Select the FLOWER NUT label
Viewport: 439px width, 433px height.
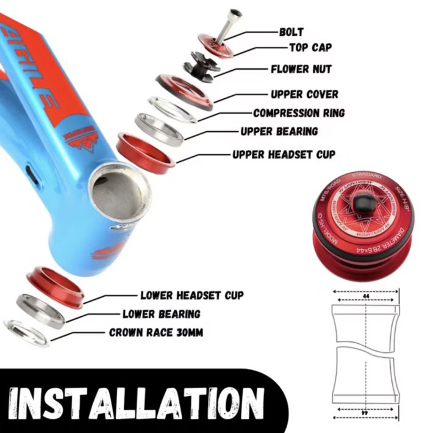(301, 70)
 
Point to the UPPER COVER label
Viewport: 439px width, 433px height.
(304, 95)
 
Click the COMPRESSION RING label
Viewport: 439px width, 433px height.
(299, 113)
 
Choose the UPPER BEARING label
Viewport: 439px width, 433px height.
(279, 131)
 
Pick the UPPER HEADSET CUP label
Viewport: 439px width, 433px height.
(284, 154)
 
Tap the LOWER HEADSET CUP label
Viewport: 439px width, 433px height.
(192, 296)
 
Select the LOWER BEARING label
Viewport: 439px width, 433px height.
(162, 314)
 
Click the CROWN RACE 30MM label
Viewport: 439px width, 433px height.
(156, 333)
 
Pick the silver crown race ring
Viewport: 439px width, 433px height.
(26, 333)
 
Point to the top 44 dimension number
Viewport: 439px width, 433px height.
(365, 293)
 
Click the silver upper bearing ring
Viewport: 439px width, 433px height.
(159, 128)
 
